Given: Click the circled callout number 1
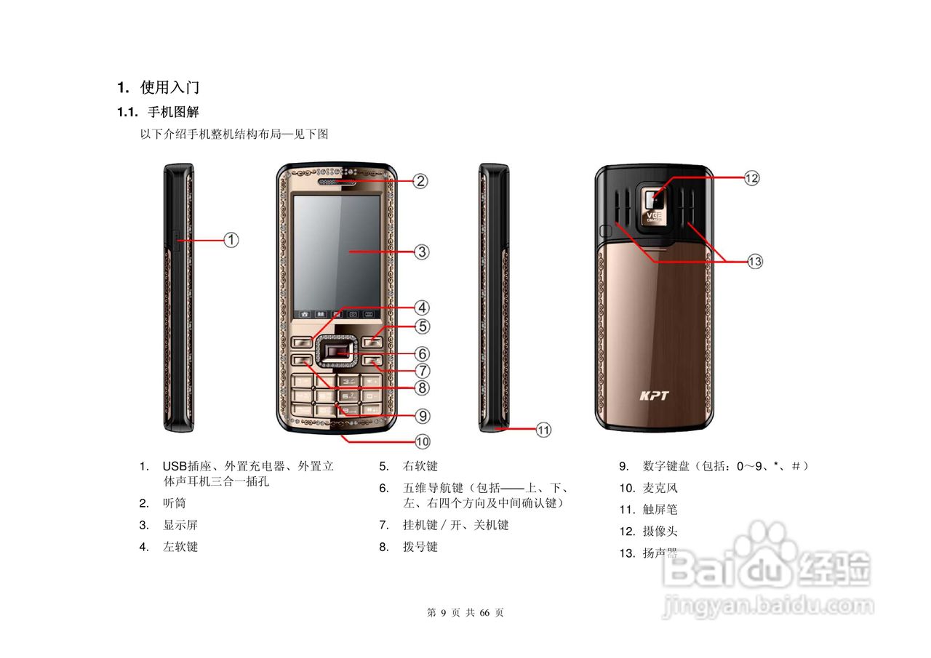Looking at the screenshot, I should click(231, 239).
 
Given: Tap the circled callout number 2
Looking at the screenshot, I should click(421, 180).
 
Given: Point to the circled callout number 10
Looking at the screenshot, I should click(423, 441).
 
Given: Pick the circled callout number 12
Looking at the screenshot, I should click(751, 177).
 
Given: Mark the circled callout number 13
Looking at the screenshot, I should click(755, 261).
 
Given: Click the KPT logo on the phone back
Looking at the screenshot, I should click(654, 396).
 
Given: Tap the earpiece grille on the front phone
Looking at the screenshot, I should click(337, 181).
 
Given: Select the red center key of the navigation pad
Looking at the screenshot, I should click(337, 354).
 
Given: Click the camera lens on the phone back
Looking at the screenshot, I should click(654, 196).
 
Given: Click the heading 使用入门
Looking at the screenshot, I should click(169, 88).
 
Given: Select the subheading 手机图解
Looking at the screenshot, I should click(173, 113).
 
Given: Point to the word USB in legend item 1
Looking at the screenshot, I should click(175, 466).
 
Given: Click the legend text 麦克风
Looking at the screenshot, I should click(660, 488).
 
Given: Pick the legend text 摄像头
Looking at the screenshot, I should click(660, 531).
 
